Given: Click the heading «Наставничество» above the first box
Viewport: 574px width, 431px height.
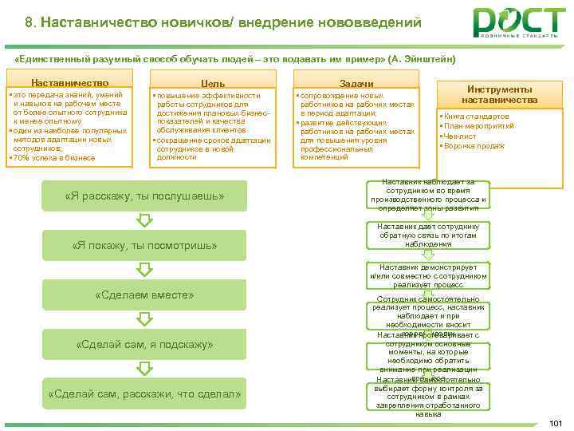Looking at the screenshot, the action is coord(70,83).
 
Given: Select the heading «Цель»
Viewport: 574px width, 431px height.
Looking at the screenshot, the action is coord(213,83).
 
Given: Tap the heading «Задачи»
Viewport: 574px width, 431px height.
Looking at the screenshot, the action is coord(356,83).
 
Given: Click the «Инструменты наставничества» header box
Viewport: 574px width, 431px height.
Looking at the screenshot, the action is coord(500,95).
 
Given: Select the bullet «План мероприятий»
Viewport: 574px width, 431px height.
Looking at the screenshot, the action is coord(477,127).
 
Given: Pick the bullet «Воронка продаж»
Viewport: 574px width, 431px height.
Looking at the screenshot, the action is coord(474,146).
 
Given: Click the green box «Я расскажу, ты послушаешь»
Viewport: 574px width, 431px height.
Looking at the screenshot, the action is coord(144,196).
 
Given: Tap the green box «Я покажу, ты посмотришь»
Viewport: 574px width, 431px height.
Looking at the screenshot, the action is coord(144,245).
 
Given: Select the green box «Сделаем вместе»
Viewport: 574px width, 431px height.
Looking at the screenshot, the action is coord(144,295).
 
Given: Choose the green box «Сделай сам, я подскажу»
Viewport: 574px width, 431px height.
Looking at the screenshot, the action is coord(144,344).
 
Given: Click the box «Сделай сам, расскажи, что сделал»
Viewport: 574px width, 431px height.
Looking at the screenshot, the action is coord(144,393).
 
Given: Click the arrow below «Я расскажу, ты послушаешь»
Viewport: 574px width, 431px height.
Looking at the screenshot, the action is coord(144,220).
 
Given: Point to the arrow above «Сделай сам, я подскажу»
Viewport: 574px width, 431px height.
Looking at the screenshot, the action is coord(144,320).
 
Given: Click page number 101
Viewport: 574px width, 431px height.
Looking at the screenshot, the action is coord(556,423).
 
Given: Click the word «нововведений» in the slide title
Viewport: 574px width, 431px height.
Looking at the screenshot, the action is coord(366,23).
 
